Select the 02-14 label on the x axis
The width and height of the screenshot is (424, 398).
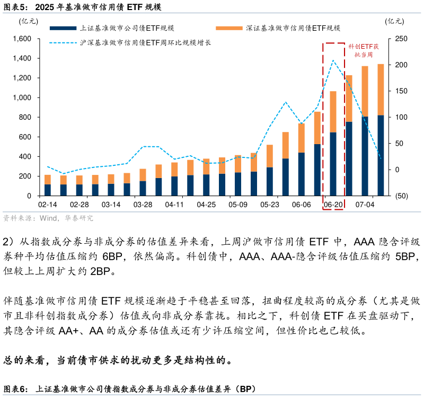tap(47, 205)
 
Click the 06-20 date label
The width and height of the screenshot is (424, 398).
tap(333, 205)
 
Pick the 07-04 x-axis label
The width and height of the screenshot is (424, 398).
tap(365, 205)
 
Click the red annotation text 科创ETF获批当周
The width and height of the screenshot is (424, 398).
tap(363, 50)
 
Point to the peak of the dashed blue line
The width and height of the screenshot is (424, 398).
tap(333, 60)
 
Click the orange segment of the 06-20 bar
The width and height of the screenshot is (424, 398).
tap(333, 111)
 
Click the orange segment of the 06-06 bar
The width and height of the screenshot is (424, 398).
tap(301, 138)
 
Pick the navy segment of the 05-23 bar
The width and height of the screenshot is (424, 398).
tap(269, 181)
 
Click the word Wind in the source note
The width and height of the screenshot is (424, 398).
tap(48, 218)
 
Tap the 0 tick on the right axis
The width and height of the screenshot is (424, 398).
tap(395, 170)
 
